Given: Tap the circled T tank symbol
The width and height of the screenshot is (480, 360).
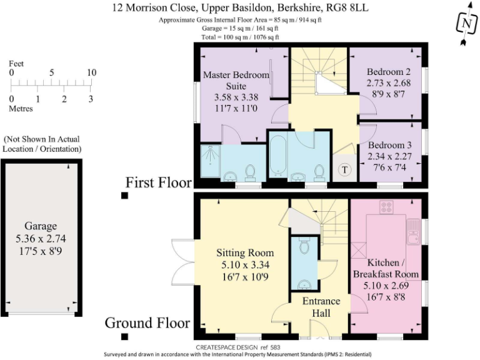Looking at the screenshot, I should [x=344, y=170].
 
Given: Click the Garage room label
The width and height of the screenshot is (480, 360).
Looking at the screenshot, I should [x=41, y=226].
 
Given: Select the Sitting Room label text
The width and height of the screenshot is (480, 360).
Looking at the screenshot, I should [x=245, y=252].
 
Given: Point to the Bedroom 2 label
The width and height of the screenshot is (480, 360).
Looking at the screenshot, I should [x=388, y=72].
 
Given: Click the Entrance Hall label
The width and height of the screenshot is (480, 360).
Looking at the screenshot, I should [x=321, y=306].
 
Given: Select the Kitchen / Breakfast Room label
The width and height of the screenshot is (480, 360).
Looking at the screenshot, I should [x=385, y=268].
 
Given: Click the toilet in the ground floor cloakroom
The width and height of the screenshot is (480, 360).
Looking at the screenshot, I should [x=304, y=247].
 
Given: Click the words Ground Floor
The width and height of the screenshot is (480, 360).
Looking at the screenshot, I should [x=147, y=322].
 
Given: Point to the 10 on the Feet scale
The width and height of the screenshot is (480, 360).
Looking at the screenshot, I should [x=91, y=72].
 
